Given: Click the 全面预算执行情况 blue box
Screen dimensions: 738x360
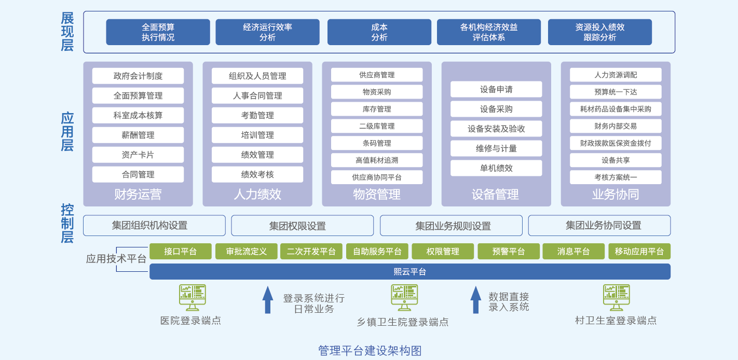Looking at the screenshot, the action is coord(158,32).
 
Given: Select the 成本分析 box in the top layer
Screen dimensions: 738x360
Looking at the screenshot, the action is coord(379,32).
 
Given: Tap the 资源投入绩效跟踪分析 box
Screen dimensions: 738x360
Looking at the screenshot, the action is coord(600,32).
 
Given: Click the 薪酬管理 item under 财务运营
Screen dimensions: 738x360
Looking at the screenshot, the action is coord(138,135).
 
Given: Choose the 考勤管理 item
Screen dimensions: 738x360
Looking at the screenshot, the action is coord(257,115).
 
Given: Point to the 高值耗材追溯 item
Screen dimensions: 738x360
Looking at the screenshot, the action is coord(377,160).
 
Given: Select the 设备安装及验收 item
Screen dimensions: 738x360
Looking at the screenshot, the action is coord(496,129).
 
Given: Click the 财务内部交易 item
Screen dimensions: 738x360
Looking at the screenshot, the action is coord(616,126).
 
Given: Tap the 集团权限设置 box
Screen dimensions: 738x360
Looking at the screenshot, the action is coord(303,226).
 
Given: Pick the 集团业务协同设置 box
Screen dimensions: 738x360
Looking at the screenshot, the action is coord(599,226).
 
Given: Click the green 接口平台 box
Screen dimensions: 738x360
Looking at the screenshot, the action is coord(181,251).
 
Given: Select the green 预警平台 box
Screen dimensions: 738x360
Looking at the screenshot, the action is coord(509,251).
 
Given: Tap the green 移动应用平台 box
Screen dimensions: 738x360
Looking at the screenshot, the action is coord(639,251).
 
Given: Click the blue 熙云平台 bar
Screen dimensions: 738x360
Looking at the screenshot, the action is coord(410,272).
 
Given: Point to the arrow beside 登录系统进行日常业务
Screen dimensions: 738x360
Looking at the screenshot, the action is coord(268,300).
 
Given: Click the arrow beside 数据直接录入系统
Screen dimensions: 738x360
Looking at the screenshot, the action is coord(476,300).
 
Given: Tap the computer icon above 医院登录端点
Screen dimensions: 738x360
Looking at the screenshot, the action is coord(193,298).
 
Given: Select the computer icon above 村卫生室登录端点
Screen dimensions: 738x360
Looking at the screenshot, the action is coord(617,298).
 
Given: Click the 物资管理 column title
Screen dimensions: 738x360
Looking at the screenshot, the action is coord(377,195).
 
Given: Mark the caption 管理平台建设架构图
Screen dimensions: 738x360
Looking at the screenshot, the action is coord(370,351).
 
